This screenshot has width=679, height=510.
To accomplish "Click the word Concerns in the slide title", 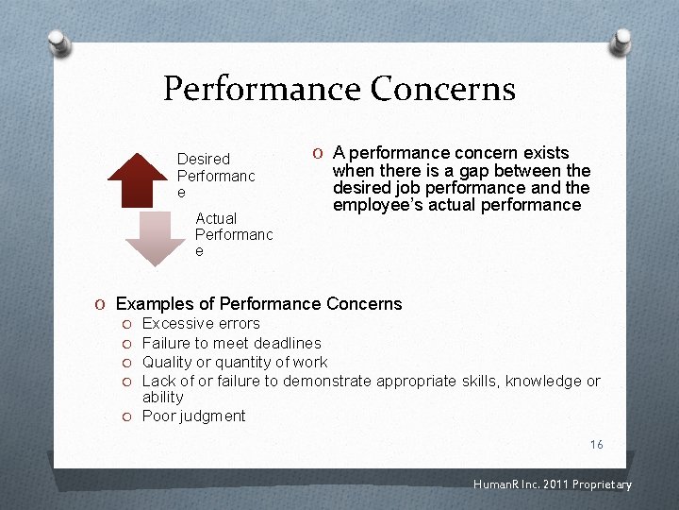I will [442, 89].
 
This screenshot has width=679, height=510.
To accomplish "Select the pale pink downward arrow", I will [157, 237].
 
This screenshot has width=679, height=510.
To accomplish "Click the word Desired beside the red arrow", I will [204, 159].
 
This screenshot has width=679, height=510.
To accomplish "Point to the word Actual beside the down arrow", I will [216, 218].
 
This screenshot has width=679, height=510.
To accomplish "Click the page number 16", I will [596, 445].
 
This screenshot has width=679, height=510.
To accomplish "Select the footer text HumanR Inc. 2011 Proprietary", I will [553, 485].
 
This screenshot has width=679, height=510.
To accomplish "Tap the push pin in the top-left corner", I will [58, 42].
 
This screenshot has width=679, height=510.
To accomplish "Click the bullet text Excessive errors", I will [201, 324].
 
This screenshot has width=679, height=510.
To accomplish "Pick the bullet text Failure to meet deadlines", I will [231, 343].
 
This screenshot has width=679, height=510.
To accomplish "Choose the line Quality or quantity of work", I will [235, 362].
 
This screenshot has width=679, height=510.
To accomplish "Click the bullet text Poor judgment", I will [193, 416].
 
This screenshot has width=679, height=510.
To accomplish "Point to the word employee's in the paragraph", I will [373, 205].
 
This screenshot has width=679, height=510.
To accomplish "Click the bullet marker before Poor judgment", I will [127, 416].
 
